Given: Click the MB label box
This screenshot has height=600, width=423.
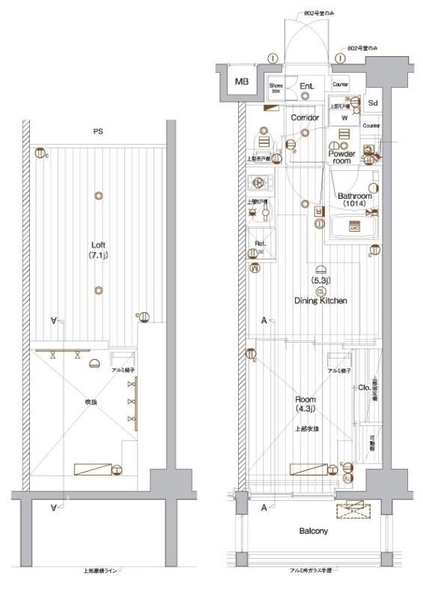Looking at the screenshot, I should coord(242,82).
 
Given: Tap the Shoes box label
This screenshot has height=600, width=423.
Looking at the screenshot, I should coord(276,88).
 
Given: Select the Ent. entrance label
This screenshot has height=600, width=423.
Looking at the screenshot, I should coord(307,87).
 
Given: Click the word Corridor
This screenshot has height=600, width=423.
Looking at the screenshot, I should coord(305,118).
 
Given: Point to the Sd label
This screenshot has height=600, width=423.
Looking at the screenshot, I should coord(372,102).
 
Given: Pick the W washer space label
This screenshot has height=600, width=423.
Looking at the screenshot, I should coord(345,118).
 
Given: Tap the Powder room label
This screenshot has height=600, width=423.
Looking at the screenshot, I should coord(341,157).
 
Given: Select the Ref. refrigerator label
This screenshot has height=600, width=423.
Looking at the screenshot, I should coord(260,243).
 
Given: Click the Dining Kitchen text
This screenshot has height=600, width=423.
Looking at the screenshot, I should coord(320,301).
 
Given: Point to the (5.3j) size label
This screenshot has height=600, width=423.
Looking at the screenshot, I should coord(321,280).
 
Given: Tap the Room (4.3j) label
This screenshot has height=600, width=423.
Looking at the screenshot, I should coord(305,404).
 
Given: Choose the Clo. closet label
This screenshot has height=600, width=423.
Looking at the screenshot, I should coord(362,388).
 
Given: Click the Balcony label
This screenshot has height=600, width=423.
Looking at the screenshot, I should coord(314,532).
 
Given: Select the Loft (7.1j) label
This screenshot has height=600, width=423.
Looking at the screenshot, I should coord(98,250).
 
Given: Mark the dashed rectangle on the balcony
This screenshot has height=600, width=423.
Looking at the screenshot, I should coord(353,511).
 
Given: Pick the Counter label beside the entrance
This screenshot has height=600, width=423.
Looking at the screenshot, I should coord(341,85).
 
